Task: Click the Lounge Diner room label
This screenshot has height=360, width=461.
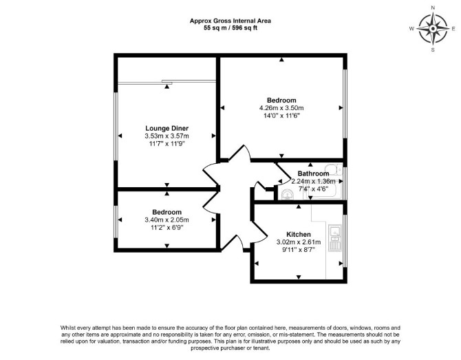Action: (167, 128)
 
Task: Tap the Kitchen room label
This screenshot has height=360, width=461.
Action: (299, 235)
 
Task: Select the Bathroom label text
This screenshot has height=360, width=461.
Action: (313, 173)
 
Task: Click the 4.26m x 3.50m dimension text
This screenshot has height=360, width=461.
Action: (281, 108)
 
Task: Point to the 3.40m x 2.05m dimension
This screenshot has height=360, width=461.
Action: (167, 220)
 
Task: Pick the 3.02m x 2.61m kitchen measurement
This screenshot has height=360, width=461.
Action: (299, 242)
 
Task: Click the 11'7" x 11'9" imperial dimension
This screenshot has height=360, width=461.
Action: (167, 144)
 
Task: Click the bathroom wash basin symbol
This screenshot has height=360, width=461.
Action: (287, 194)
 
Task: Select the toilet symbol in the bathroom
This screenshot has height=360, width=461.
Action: (335, 169)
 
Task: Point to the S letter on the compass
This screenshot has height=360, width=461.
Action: (433, 50)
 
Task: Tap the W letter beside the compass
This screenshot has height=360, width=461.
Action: (411, 28)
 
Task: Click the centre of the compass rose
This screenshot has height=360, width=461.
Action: (433, 28)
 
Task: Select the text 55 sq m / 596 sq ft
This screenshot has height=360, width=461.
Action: (231, 28)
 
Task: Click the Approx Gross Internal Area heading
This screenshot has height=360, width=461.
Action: (231, 21)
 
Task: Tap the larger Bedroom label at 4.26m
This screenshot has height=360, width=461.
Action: (281, 100)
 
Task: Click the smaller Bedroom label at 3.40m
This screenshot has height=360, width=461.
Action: (167, 212)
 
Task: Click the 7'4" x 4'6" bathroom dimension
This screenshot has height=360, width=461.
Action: (313, 189)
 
